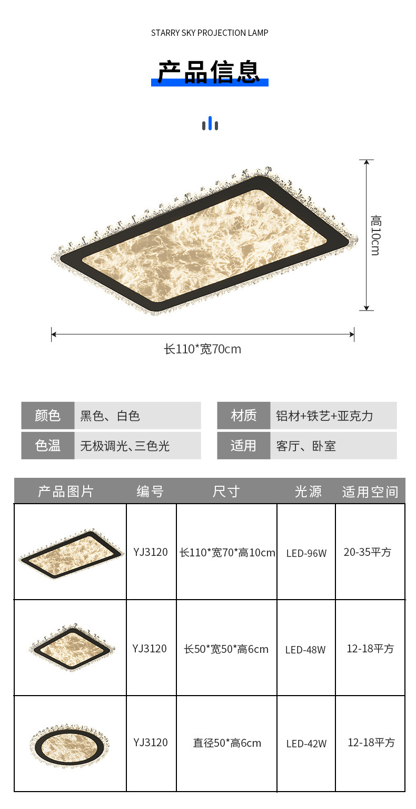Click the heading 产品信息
pos(210,73)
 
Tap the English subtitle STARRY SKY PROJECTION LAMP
pos(210,33)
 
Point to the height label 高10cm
pos(375,235)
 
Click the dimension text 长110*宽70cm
pos(203,349)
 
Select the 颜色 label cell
pos(48,416)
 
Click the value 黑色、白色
pos(110,416)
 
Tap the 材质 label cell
pos(243,416)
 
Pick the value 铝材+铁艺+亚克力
pos(324,416)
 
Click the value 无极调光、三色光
pos(125,446)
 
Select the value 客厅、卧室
pos(306,446)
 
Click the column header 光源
pos(308,492)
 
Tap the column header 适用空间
pos(370,492)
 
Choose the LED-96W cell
pos(306,553)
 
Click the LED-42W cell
pos(306,744)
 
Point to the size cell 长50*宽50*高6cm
pos(226,649)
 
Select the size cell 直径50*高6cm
pos(227,743)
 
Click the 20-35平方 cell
pos(368,552)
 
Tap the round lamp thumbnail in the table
pos(70,744)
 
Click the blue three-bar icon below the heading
pos(210,124)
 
